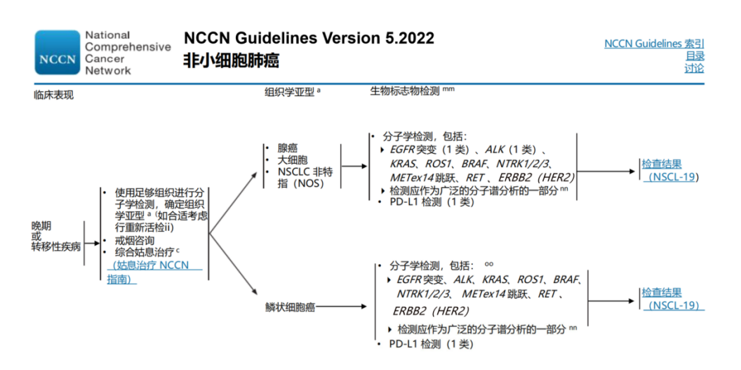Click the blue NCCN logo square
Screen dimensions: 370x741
pos(57,52)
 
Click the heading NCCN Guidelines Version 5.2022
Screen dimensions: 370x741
pos(309,38)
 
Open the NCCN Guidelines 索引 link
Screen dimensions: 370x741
pos(654,44)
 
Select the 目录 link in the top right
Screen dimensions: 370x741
pos(695,56)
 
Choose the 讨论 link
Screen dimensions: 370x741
pos(695,68)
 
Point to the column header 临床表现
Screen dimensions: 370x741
pos(53,95)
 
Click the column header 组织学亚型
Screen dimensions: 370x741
pos(288,92)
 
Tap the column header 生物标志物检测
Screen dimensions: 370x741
pos(405,91)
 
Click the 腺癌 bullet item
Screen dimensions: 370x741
pos(288,148)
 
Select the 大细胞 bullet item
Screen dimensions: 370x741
pos(293,160)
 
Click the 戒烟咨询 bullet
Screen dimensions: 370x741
pos(134,240)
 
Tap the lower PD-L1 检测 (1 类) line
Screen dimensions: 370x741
pos(431,344)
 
